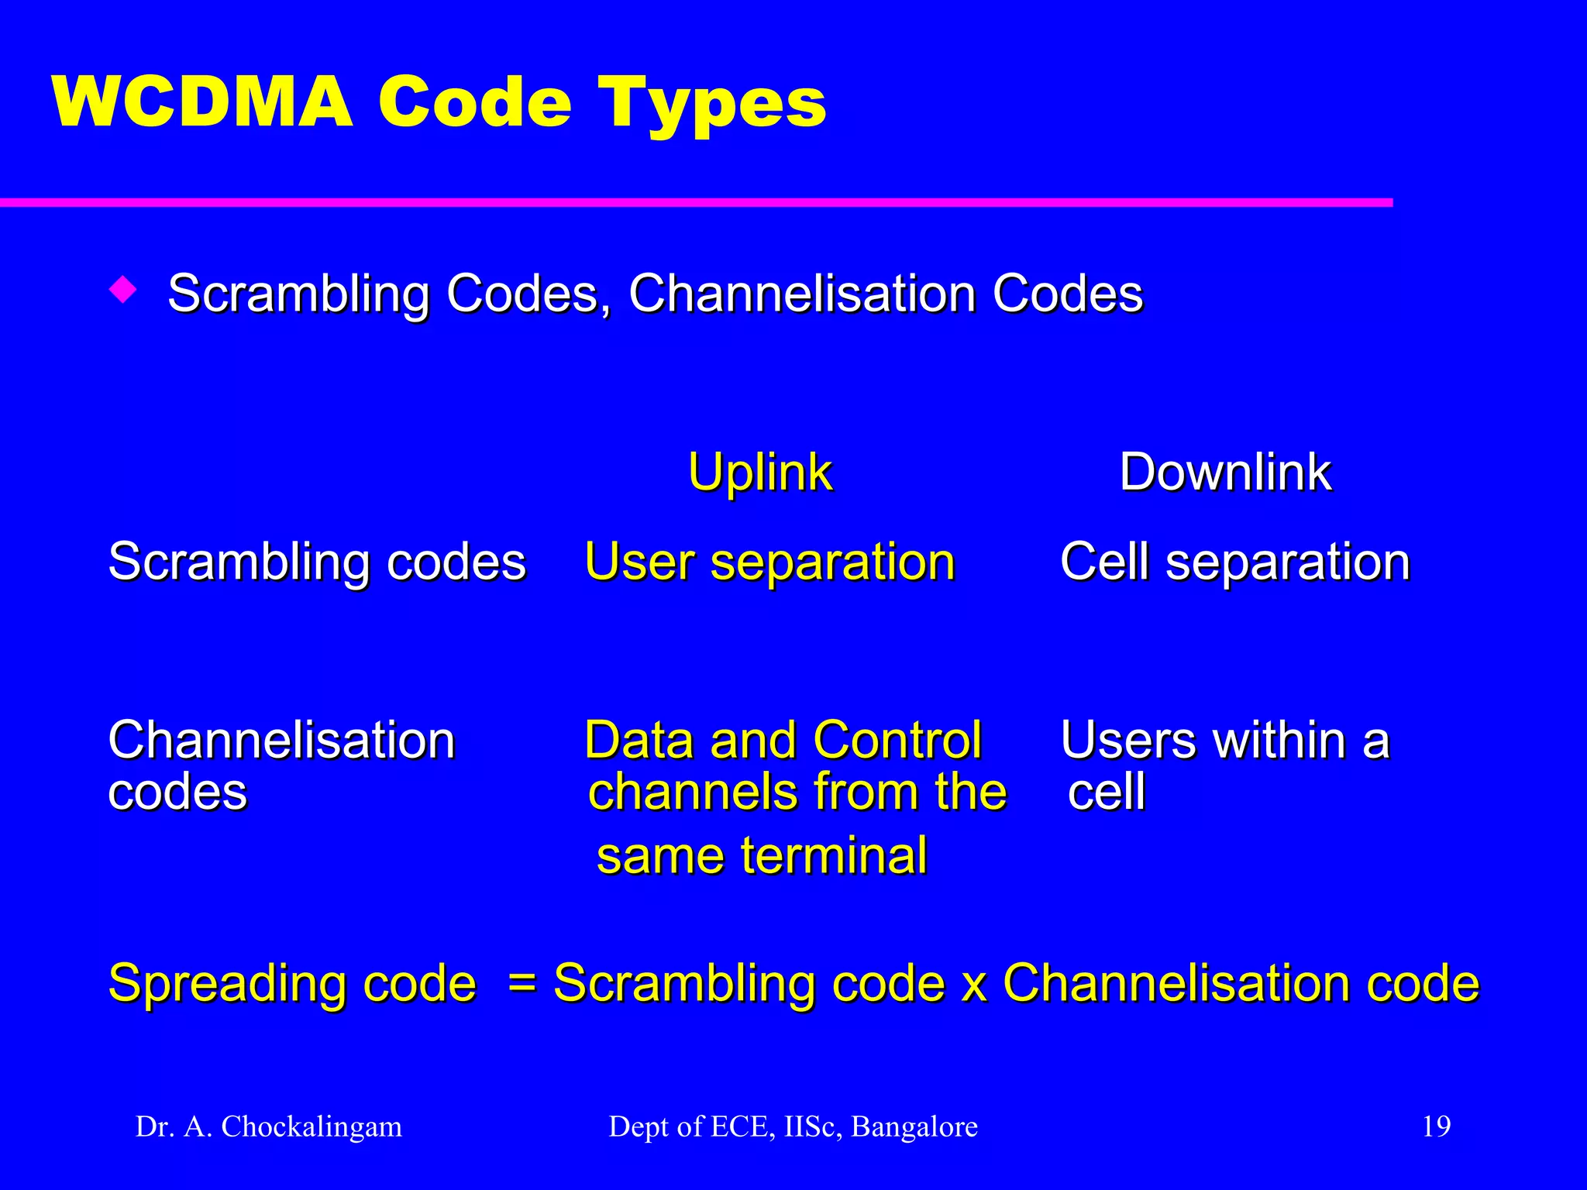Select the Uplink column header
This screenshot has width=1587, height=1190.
(759, 472)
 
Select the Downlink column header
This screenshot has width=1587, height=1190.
(1225, 472)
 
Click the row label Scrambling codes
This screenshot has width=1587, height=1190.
(317, 562)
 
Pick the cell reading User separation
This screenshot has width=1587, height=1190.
(769, 562)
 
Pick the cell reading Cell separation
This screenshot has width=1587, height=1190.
(1234, 562)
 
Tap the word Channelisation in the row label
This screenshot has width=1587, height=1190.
(281, 740)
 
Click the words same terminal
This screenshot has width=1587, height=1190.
(762, 855)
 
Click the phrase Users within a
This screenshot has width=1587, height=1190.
(1224, 740)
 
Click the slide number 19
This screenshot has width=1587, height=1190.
(1436, 1126)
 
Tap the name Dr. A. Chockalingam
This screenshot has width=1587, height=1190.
(269, 1126)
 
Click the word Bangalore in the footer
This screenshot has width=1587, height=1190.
(914, 1126)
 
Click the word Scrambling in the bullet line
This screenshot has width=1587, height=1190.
(298, 294)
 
